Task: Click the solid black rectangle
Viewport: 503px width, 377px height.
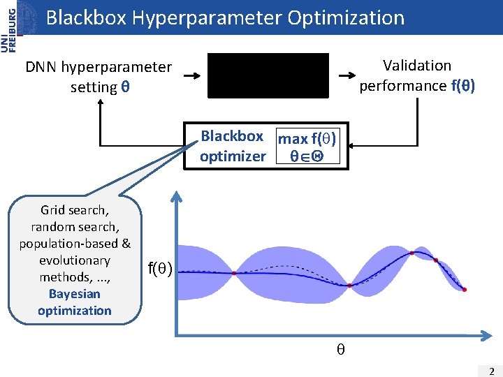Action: tap(268, 75)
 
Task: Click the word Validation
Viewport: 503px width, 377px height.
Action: tap(417, 66)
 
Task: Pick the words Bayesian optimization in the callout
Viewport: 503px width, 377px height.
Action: tap(75, 302)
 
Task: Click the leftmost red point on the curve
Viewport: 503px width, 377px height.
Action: tap(234, 273)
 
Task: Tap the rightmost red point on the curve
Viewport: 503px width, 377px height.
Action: tap(465, 289)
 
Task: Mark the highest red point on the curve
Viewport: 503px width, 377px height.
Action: tap(412, 253)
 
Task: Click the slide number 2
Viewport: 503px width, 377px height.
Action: tap(492, 371)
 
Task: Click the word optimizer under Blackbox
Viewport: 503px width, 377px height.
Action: tap(233, 156)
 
